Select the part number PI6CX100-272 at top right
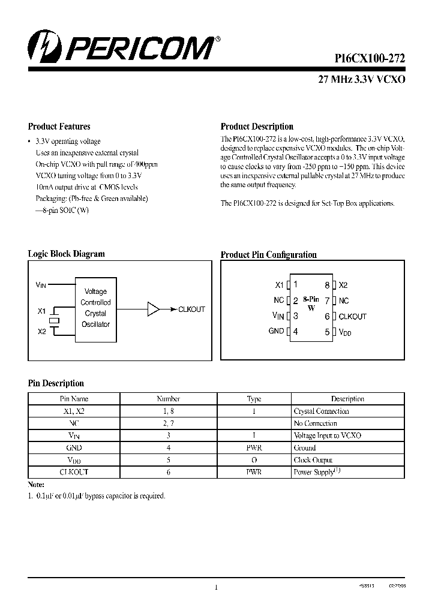click(x=370, y=58)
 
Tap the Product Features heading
click(x=59, y=127)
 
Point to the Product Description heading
click(x=257, y=127)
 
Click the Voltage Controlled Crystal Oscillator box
click(x=95, y=308)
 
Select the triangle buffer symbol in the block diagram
click(x=154, y=309)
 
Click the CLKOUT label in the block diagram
click(x=191, y=309)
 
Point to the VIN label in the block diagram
click(x=41, y=285)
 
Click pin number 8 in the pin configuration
click(x=327, y=286)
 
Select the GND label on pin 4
click(x=276, y=331)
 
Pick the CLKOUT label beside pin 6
click(x=352, y=316)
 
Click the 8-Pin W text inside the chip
click(x=311, y=303)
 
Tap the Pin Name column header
click(x=74, y=399)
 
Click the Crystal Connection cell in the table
click(x=321, y=411)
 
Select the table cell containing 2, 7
click(x=168, y=423)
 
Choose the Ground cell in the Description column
click(x=305, y=448)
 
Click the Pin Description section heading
click(x=56, y=383)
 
